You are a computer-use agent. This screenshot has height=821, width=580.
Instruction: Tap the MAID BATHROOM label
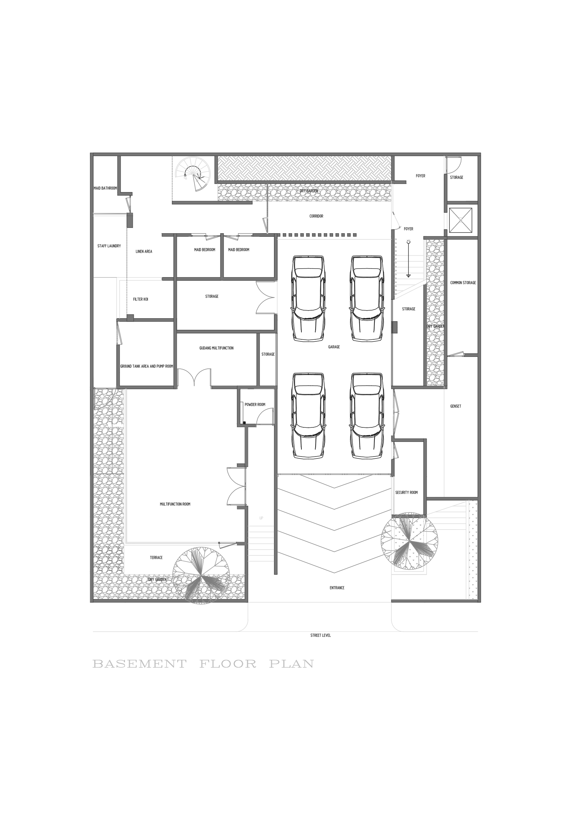[105, 188]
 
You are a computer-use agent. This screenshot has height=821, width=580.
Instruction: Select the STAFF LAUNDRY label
[109, 246]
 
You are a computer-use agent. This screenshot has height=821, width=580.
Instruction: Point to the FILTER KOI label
[140, 299]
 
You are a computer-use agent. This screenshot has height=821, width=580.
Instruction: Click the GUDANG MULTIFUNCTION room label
[216, 348]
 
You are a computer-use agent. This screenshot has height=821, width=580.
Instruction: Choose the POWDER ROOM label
[255, 405]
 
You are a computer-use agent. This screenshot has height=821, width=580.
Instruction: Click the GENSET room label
[456, 406]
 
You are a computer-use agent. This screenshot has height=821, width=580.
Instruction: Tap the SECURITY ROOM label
[406, 493]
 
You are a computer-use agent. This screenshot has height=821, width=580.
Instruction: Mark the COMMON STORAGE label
[463, 282]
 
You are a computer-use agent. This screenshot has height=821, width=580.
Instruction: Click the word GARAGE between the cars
[334, 347]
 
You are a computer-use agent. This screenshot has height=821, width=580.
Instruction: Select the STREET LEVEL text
[321, 635]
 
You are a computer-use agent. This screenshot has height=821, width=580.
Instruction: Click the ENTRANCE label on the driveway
[337, 588]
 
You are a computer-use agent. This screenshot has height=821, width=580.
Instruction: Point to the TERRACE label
[156, 557]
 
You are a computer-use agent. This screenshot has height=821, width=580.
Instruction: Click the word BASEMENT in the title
[139, 665]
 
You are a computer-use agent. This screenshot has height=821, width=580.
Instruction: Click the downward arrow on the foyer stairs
[408, 275]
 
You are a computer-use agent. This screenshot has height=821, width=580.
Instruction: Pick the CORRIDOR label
[316, 216]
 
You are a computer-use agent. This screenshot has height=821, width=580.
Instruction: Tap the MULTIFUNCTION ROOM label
[175, 504]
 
